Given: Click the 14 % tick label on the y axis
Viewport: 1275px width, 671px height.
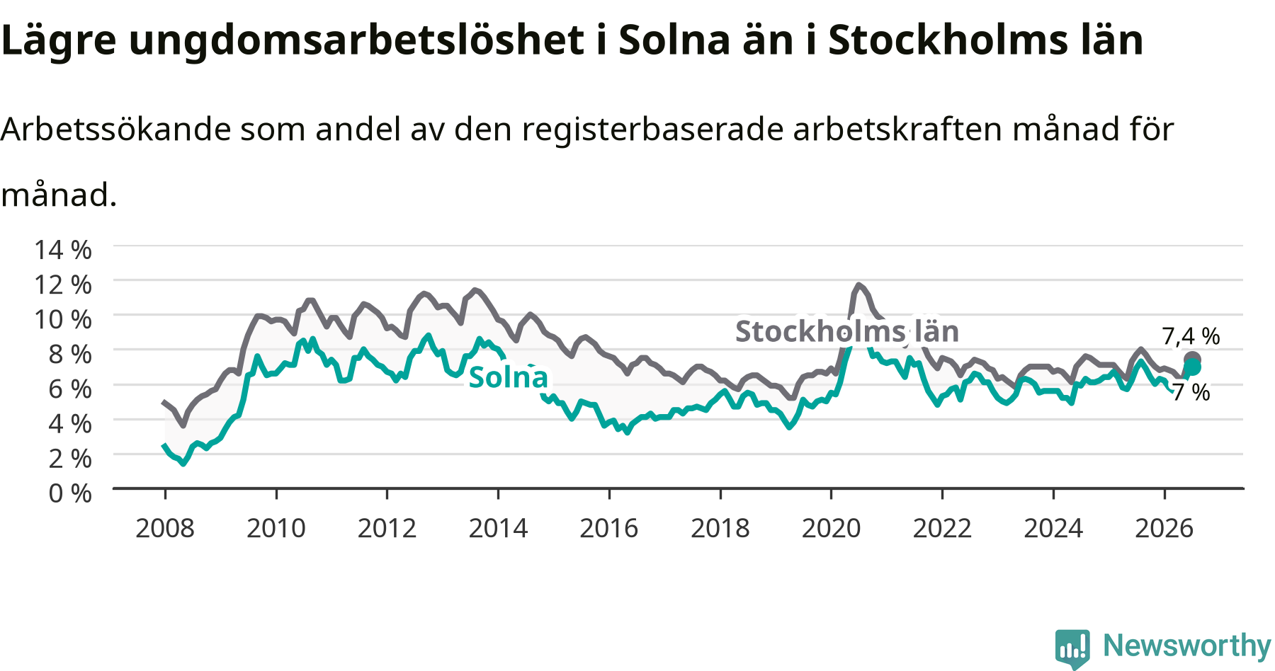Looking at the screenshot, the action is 63,250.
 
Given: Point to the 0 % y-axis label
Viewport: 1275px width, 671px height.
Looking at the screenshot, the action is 70,493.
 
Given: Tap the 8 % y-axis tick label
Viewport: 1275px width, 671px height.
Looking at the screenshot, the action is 70,354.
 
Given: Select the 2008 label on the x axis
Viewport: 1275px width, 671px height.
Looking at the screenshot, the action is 165,528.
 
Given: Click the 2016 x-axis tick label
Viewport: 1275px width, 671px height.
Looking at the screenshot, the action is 609,528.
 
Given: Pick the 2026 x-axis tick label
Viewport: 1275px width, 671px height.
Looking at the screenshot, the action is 1164,528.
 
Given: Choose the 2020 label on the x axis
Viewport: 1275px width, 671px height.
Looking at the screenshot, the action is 832,528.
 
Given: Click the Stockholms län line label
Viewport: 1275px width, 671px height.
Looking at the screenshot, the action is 847,331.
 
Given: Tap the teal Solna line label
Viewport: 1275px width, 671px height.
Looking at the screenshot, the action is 509,377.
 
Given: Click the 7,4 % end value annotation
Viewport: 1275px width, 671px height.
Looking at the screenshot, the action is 1191,336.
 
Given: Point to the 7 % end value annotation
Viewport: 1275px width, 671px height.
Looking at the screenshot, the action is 1191,392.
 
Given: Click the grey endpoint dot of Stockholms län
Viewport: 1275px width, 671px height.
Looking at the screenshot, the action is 1192,360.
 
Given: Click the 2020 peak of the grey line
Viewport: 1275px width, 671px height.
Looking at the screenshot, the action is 858,285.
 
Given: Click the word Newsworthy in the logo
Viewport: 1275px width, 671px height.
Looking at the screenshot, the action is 1187,646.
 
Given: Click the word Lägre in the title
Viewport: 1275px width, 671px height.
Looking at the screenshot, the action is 58,41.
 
